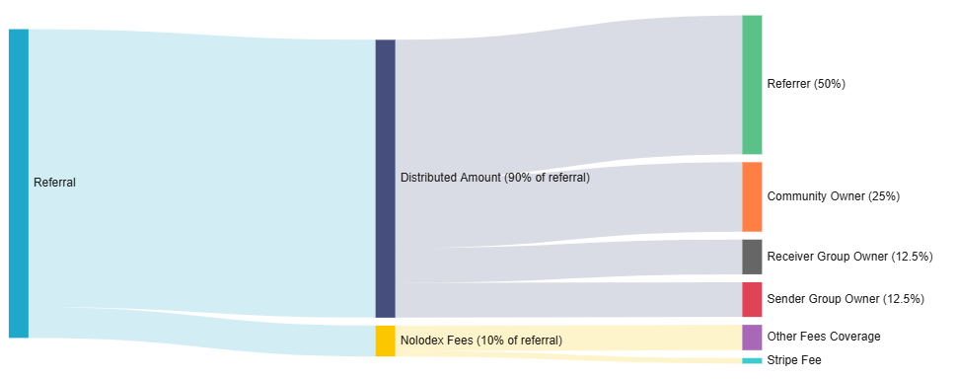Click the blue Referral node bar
tap(18, 184)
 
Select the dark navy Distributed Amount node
tap(385, 179)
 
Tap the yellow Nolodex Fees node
tap(385, 341)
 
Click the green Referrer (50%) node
tap(752, 85)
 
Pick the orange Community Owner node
tap(752, 196)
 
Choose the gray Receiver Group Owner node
tap(752, 257)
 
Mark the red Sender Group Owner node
tap(752, 299)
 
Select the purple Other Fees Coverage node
tap(752, 338)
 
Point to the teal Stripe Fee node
tap(752, 361)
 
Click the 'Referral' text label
tap(54, 183)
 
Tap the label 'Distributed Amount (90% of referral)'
tap(494, 179)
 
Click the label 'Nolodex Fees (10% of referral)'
tap(480, 341)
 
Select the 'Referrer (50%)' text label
tap(805, 85)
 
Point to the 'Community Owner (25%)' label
tap(833, 196)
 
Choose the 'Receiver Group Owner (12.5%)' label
tap(848, 257)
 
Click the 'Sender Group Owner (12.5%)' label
tap(845, 299)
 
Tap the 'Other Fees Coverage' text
tap(823, 338)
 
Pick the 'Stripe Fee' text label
tap(793, 361)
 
